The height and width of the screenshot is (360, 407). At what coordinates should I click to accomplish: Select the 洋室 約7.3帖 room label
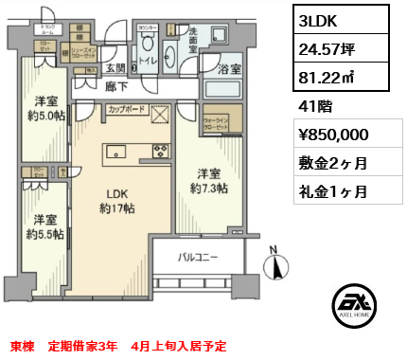210,181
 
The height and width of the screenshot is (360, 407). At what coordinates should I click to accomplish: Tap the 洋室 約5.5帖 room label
44,226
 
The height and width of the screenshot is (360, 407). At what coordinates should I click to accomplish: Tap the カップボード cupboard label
128,109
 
